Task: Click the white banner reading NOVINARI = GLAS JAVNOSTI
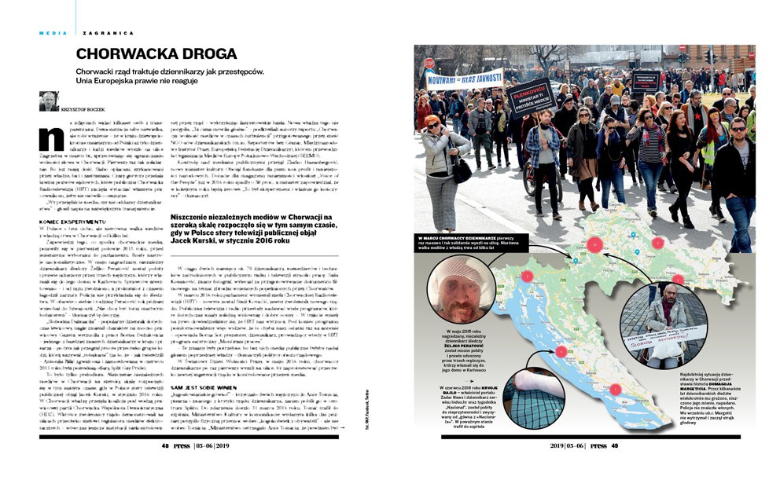tap(464, 78)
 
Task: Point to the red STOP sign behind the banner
tap(429, 63)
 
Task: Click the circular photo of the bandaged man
tap(479, 290)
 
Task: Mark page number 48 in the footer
tap(166, 466)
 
